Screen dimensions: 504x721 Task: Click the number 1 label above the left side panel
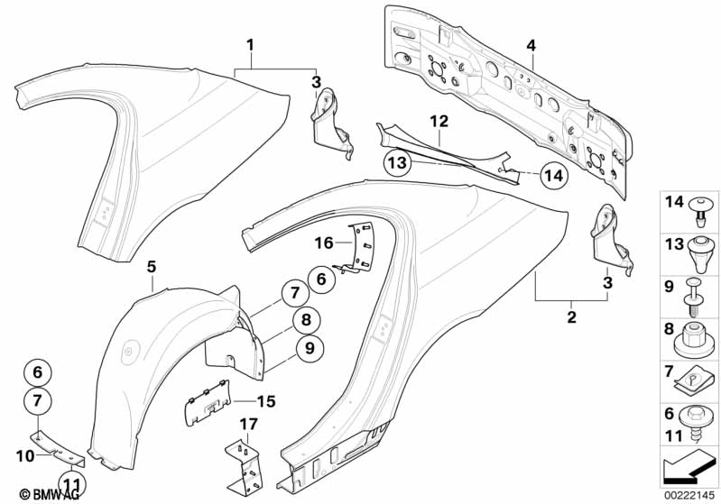click(x=250, y=44)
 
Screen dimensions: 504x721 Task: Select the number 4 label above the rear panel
click(x=532, y=45)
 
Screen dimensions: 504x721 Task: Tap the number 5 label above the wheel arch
click(x=151, y=266)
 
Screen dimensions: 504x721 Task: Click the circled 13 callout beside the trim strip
click(x=397, y=163)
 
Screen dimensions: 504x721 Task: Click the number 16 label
click(x=324, y=243)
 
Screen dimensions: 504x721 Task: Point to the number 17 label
click(x=245, y=423)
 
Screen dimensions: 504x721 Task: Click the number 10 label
click(x=27, y=457)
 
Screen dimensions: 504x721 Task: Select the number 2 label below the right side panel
click(x=570, y=318)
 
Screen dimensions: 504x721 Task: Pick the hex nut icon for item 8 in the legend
click(x=694, y=334)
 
